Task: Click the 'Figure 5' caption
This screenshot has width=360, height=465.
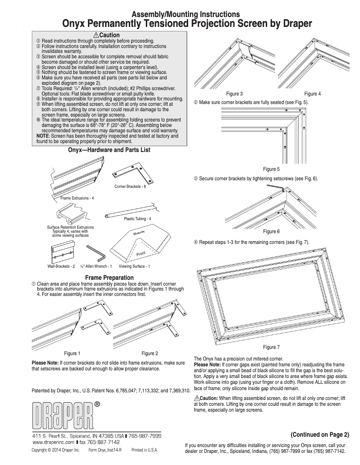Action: point(271,169)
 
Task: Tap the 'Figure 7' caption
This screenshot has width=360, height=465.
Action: point(271,347)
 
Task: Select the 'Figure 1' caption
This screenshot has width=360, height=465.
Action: point(72,353)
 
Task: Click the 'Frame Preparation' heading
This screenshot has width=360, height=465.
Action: point(109,278)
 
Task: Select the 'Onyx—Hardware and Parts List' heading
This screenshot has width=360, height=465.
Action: point(109,150)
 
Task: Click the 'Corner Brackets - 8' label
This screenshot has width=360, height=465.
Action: point(130,186)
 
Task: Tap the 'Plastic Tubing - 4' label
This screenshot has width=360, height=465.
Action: point(137,218)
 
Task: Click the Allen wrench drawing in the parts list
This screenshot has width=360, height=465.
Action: point(95,252)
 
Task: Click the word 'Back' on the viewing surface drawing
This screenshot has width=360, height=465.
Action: point(138,234)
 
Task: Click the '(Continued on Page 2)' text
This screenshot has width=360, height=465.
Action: point(319,435)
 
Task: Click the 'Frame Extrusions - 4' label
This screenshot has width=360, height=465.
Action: point(77,198)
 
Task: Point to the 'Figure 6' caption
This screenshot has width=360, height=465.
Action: point(271,231)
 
